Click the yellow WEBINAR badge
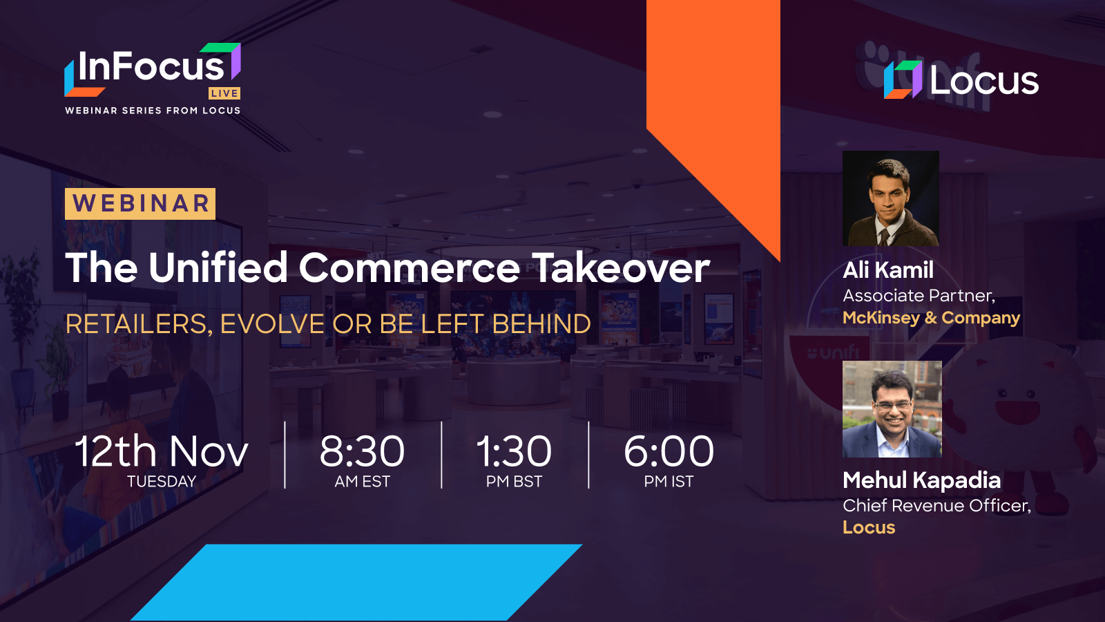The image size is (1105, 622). [x=140, y=204]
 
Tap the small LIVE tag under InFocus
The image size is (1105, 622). [x=224, y=93]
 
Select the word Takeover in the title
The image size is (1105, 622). [x=621, y=267]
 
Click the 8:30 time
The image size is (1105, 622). [x=362, y=451]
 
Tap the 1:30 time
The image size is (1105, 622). [x=514, y=451]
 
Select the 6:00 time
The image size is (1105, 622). [x=669, y=451]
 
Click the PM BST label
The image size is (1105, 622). [x=514, y=482]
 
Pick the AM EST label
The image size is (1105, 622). [x=362, y=482]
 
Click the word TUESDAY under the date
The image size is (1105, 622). [x=162, y=482]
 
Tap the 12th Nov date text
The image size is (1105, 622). [x=162, y=451]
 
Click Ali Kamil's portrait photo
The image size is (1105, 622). [x=890, y=198]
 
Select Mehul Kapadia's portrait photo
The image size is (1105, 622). [x=892, y=409]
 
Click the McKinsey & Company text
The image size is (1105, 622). [x=931, y=318]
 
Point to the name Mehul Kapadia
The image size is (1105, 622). [x=921, y=480]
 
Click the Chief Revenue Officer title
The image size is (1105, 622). [x=936, y=506]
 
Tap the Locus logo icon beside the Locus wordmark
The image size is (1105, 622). [x=903, y=79]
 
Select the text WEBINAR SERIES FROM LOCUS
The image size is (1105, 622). [x=153, y=111]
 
